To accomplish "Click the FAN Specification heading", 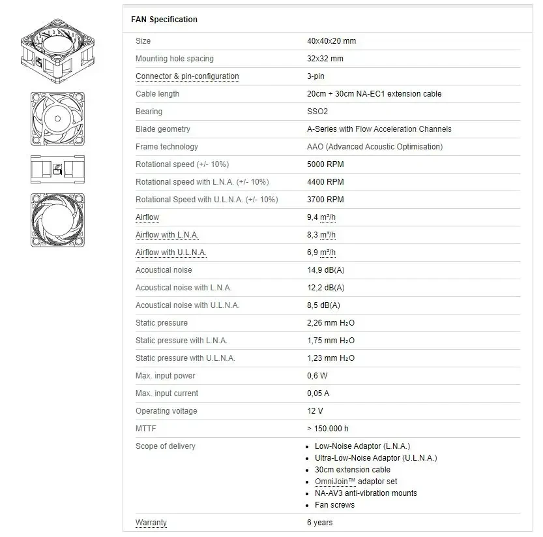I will pyautogui.click(x=164, y=20).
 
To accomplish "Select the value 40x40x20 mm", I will pyautogui.click(x=331, y=41).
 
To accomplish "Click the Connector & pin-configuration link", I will pyautogui.click(x=187, y=76).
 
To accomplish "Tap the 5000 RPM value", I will pyautogui.click(x=325, y=164).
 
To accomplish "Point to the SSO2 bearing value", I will pyautogui.click(x=318, y=112).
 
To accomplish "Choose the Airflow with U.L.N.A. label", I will pyautogui.click(x=171, y=253).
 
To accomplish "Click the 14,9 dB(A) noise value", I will pyautogui.click(x=325, y=270).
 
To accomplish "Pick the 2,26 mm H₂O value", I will pyautogui.click(x=330, y=323).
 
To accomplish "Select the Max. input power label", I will pyautogui.click(x=165, y=376).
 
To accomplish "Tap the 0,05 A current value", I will pyautogui.click(x=318, y=393).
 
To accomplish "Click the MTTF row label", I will pyautogui.click(x=146, y=429).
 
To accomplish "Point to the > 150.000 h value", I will pyautogui.click(x=327, y=429).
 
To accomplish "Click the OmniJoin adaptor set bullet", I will pyautogui.click(x=356, y=482).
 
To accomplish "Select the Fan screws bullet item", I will pyautogui.click(x=334, y=505).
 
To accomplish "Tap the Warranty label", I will pyautogui.click(x=151, y=523).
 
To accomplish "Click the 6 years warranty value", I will pyautogui.click(x=319, y=523).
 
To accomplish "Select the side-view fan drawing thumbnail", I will pyautogui.click(x=57, y=170).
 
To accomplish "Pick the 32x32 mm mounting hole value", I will pyautogui.click(x=325, y=59).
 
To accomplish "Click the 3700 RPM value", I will pyautogui.click(x=325, y=200).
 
